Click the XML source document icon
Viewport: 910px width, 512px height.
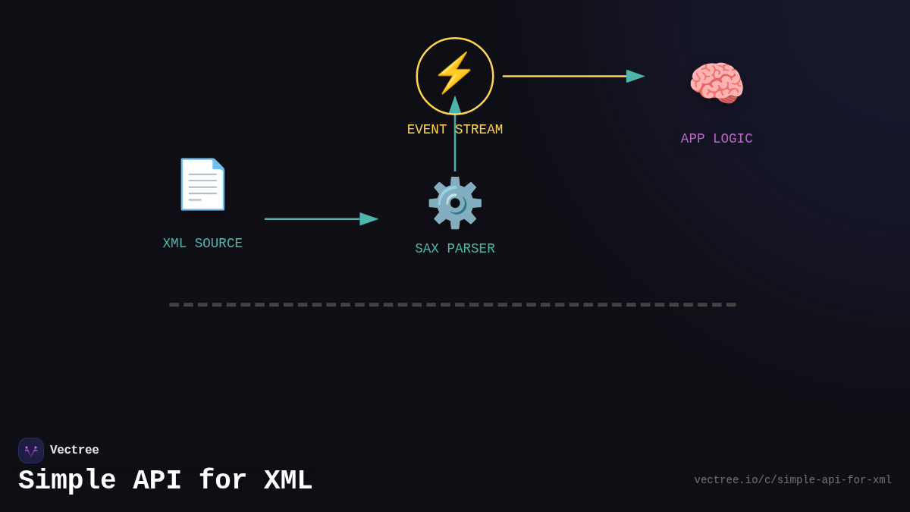tap(202, 184)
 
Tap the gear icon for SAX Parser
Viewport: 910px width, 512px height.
tap(455, 203)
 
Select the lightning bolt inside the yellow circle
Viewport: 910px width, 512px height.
tap(454, 73)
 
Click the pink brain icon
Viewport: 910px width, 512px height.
tap(717, 83)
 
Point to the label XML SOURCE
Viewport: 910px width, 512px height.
tap(202, 243)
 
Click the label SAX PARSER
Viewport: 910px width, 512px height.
tap(455, 249)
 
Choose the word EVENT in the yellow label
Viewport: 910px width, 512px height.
tap(427, 130)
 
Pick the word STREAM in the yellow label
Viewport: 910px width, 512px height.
tap(479, 130)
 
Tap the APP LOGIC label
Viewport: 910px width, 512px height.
tap(717, 139)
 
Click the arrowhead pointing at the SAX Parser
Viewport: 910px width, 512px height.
tap(369, 219)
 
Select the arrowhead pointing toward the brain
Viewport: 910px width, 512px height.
tap(635, 76)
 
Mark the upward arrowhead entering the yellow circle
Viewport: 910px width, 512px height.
tap(455, 105)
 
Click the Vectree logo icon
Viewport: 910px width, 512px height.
tap(31, 451)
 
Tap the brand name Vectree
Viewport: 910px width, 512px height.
tap(74, 451)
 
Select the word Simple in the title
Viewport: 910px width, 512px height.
tap(67, 481)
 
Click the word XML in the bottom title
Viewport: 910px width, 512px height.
tap(288, 481)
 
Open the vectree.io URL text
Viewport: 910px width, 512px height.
tap(792, 480)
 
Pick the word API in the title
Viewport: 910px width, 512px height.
tap(157, 481)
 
